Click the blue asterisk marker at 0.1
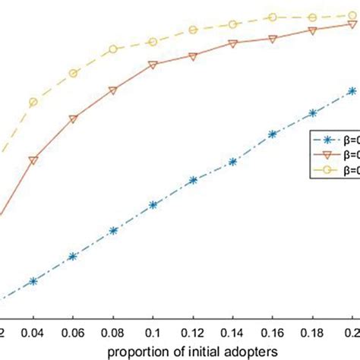(153, 205)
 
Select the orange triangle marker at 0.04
(33, 160)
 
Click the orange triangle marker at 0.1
(153, 65)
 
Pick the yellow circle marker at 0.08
(113, 49)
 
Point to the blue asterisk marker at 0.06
(73, 257)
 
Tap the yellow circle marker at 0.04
(33, 102)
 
